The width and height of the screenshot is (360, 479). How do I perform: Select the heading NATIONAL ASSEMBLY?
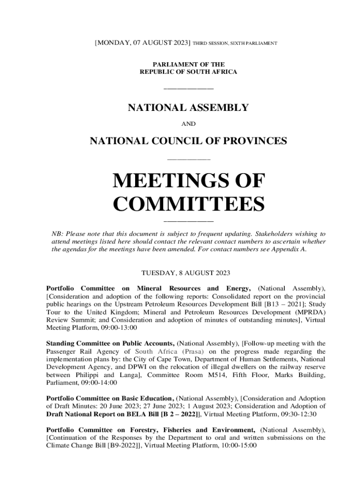(188, 108)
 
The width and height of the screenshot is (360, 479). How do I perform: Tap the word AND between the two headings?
(188, 124)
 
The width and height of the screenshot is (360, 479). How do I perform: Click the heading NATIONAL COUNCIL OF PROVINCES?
(188, 141)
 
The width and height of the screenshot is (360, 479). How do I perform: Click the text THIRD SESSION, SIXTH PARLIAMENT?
(235, 44)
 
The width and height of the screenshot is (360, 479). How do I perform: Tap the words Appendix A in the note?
(290, 249)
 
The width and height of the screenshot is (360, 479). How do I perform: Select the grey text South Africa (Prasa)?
(170, 351)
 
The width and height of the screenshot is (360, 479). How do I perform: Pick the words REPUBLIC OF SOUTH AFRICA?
(188, 72)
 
